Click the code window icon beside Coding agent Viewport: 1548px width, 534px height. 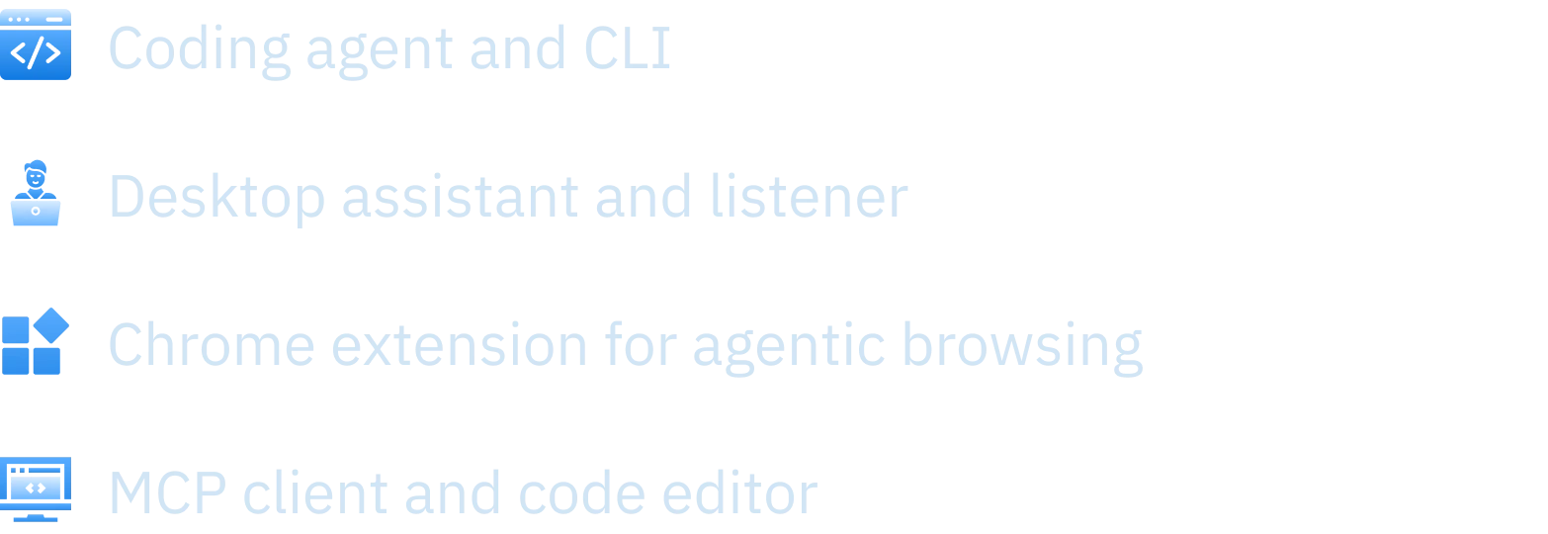[x=37, y=47]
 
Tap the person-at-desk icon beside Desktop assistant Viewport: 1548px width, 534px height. [x=36, y=195]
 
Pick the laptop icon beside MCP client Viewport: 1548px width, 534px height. [x=36, y=487]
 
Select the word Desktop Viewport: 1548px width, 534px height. [x=216, y=200]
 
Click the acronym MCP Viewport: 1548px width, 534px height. [x=169, y=492]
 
